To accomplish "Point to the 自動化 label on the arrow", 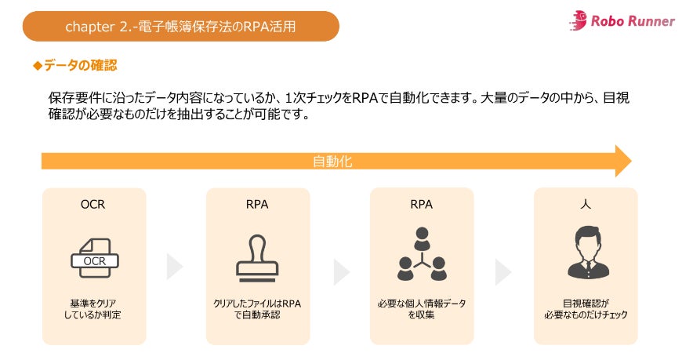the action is [332, 162].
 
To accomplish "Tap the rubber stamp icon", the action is [257, 255].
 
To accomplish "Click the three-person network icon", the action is [421, 255].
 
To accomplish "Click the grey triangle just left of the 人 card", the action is [502, 271].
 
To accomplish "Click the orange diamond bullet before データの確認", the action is [37, 66].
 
